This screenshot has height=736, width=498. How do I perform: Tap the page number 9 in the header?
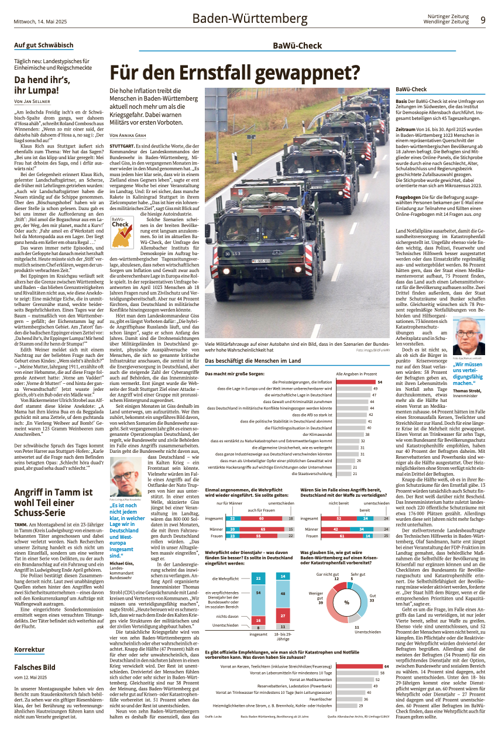(x=483, y=20)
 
